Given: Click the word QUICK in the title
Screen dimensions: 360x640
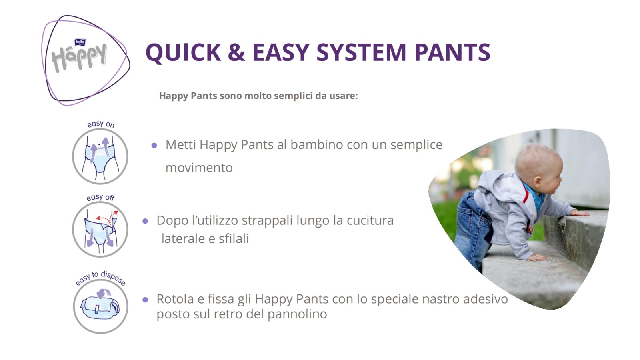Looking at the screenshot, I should click(183, 52).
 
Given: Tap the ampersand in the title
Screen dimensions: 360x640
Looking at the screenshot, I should click(236, 52).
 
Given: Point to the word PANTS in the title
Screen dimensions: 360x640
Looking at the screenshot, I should click(452, 52).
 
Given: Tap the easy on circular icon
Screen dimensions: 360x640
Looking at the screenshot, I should click(100, 156).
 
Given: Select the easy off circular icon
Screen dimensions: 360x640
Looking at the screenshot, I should click(100, 229).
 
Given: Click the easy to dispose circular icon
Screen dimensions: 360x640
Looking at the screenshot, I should click(100, 306).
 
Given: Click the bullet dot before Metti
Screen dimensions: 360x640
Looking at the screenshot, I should click(154, 146).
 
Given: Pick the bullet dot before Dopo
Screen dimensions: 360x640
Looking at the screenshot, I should click(145, 221).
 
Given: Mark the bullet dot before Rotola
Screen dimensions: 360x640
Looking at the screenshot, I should click(145, 300).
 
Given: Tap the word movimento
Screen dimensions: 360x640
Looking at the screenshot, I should click(199, 168).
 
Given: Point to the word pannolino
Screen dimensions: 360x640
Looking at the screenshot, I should click(297, 314).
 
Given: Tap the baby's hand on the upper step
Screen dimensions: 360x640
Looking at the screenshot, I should click(579, 213).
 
